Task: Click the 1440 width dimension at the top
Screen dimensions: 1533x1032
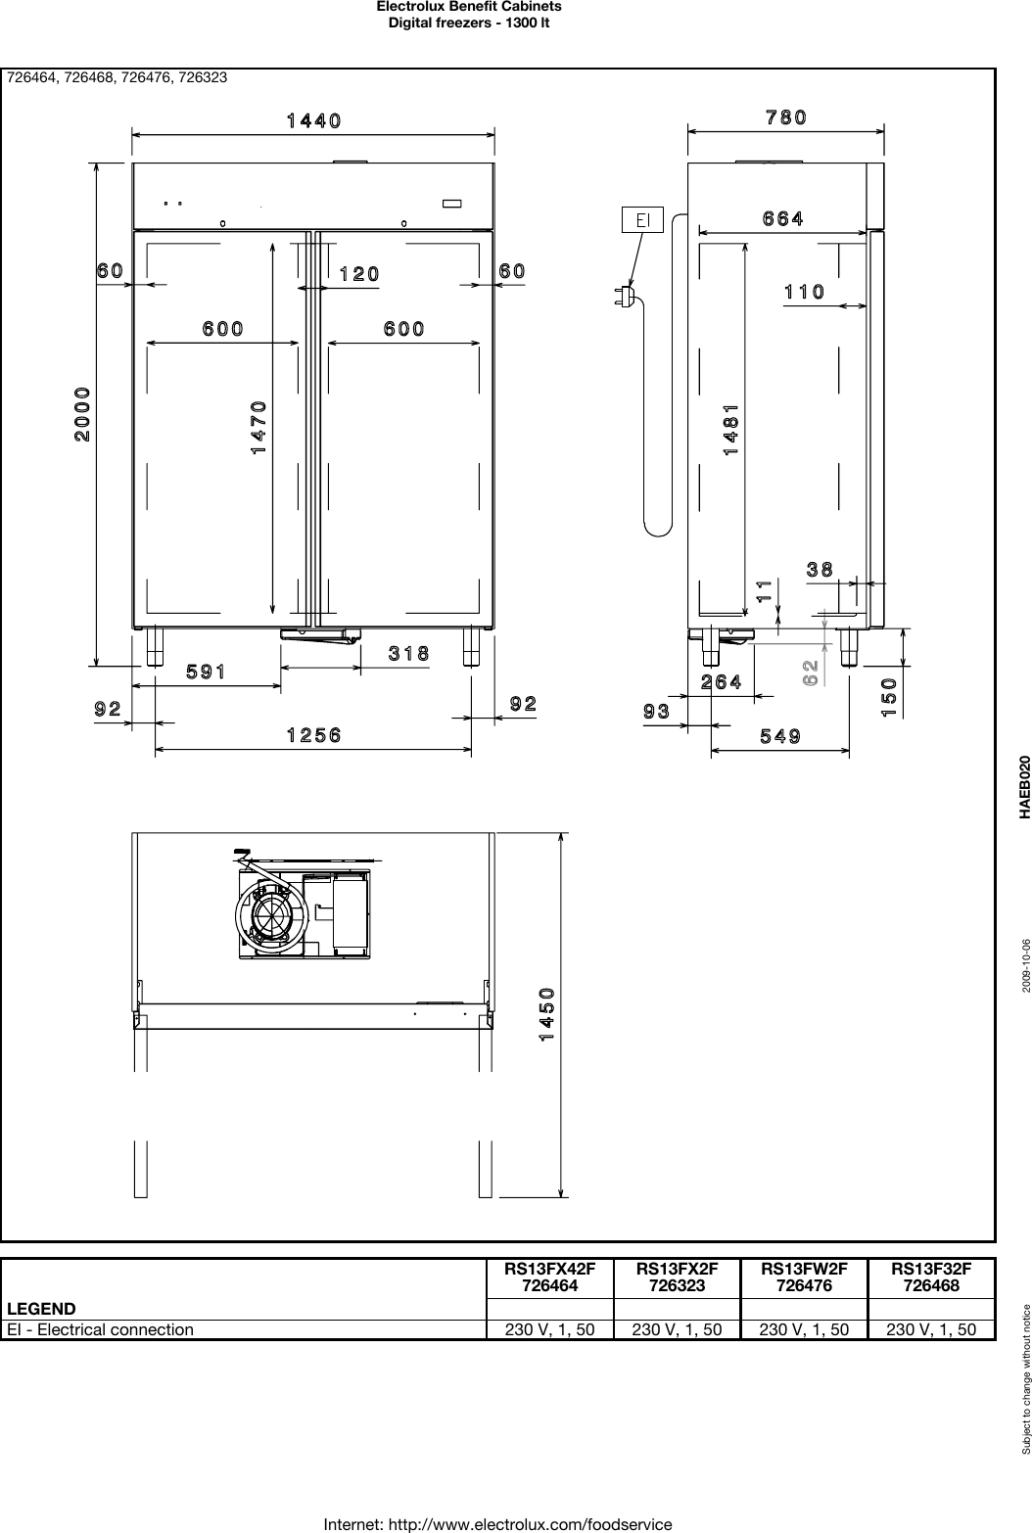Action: click(x=313, y=121)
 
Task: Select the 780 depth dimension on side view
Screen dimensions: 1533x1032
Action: click(x=785, y=117)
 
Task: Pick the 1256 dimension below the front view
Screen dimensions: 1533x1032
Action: click(x=313, y=735)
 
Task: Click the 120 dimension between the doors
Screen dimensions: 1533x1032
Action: click(x=358, y=274)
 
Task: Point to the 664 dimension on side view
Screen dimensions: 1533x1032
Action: click(x=783, y=219)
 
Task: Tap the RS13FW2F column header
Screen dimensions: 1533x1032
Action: click(x=804, y=1277)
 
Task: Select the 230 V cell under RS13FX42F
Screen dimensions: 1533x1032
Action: click(x=549, y=1329)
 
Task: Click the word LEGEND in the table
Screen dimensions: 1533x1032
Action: click(x=42, y=1308)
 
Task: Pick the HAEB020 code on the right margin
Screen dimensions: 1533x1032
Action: click(x=1024, y=786)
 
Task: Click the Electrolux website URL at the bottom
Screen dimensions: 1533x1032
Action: click(x=497, y=1524)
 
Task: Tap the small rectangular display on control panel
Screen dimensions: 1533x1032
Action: click(x=451, y=204)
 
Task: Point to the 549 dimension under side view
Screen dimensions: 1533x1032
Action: click(x=780, y=736)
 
